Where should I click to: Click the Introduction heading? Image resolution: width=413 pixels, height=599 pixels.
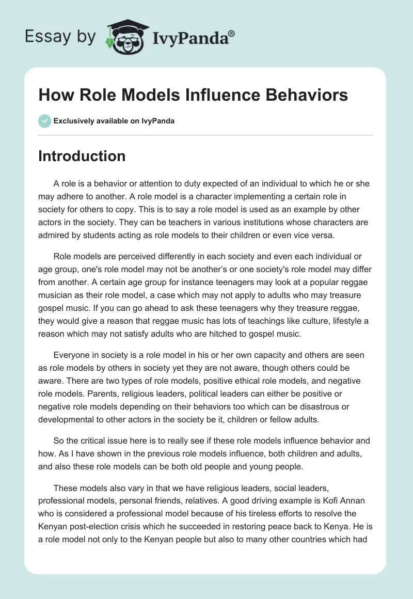[x=82, y=156]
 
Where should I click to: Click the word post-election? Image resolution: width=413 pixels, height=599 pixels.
[x=92, y=524]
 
